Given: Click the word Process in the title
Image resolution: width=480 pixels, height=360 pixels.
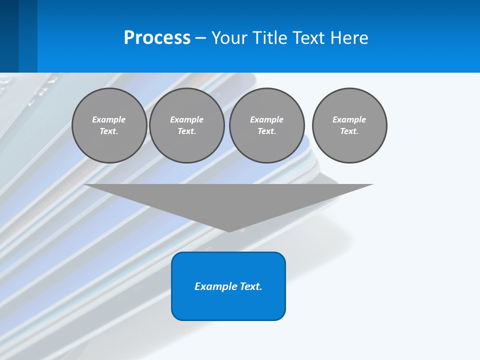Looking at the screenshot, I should pos(157,38).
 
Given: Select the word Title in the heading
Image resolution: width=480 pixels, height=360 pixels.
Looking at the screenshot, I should pos(272,38).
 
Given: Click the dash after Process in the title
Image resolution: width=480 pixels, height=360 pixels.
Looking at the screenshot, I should pos(201,38).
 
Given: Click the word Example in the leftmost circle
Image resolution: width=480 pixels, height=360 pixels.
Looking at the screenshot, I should pos(109,119).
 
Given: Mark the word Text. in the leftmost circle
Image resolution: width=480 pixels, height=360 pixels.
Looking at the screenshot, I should pos(109,131).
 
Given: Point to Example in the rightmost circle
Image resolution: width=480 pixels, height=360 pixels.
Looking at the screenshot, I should pos(349,119).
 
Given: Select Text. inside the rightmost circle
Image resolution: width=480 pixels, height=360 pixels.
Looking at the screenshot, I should pos(349,131).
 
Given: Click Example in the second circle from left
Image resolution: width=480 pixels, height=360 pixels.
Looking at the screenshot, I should pos(187,119).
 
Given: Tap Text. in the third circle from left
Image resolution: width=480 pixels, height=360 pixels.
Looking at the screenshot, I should pos(267,131).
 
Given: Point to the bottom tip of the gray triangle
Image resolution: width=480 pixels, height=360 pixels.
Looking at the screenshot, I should pos(229,230).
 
